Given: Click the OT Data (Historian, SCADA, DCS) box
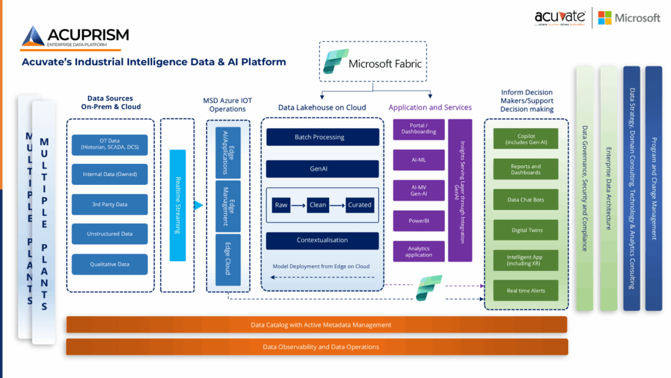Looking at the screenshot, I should coord(110,144).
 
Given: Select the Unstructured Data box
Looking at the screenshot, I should coord(110,234).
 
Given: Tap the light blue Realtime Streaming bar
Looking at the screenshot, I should coord(178,205).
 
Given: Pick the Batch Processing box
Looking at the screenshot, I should coord(322,137).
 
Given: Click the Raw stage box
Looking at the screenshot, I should coord(281,205).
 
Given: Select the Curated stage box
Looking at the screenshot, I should coord(360,205).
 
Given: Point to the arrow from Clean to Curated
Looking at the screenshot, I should coord(336,205).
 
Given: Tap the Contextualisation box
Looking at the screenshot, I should coord(322,240).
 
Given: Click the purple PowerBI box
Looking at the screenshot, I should coord(419,221).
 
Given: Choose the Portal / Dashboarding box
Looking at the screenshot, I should coord(419,129).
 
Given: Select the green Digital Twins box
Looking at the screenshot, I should coord(526,230).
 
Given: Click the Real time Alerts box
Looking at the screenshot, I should coord(526,291).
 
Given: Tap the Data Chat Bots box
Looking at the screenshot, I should coord(526,200).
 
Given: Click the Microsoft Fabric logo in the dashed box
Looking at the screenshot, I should coord(334,62).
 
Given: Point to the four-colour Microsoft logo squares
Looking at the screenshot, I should coord(605,18).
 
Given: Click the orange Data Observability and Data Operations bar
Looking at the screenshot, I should coord(316,347).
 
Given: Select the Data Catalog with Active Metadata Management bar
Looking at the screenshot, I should coord(316,325).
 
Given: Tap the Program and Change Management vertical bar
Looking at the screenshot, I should coord(653,188).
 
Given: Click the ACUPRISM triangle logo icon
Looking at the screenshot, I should coord(33,37).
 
